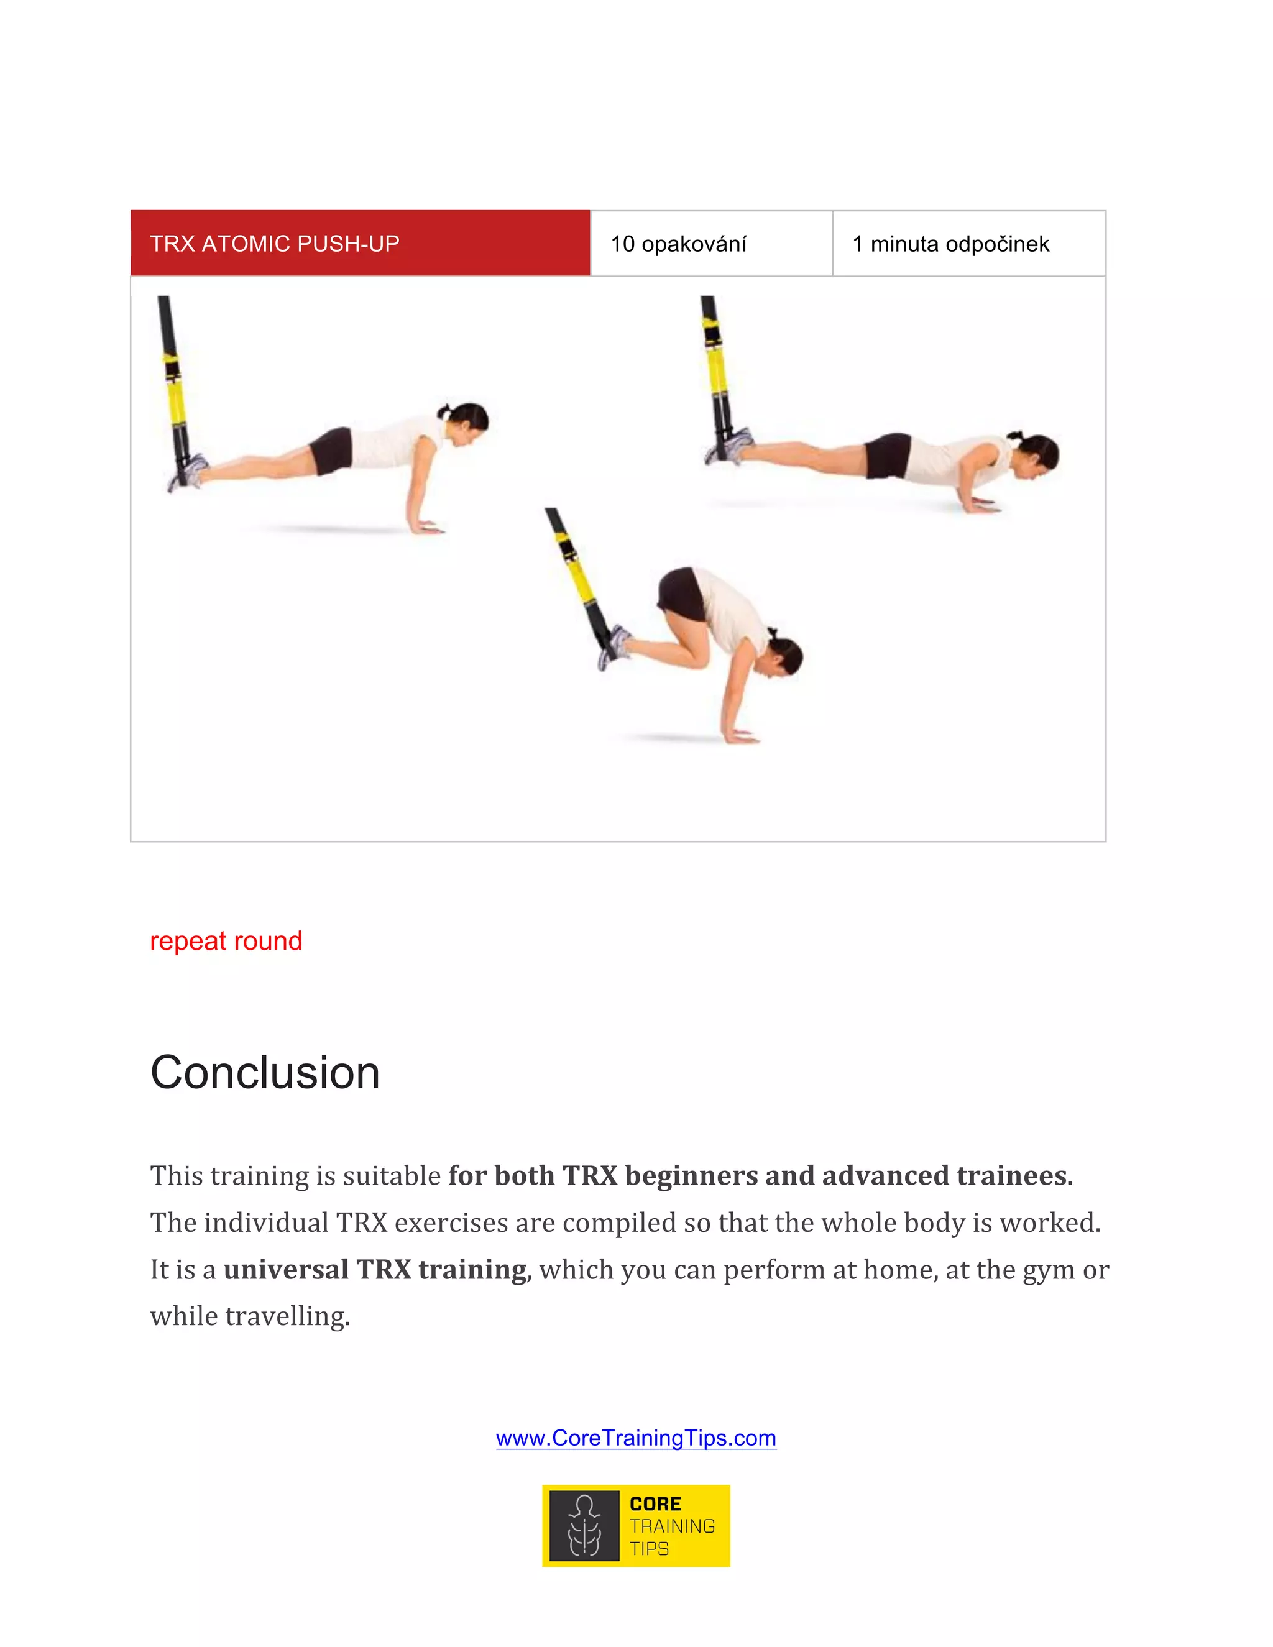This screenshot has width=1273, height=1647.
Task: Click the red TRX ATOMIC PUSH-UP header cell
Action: click(360, 244)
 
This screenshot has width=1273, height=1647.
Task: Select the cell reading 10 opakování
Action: click(710, 244)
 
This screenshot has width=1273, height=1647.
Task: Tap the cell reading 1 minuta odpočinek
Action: click(968, 244)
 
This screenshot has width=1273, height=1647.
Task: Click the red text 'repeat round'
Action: click(226, 941)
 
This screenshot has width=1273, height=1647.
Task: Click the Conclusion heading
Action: click(265, 1072)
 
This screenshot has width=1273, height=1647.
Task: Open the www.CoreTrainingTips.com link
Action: click(636, 1438)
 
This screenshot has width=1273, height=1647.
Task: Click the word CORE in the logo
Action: click(655, 1503)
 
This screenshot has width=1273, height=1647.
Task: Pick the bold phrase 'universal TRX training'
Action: click(375, 1269)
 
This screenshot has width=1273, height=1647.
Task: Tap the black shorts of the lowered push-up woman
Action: click(888, 455)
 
